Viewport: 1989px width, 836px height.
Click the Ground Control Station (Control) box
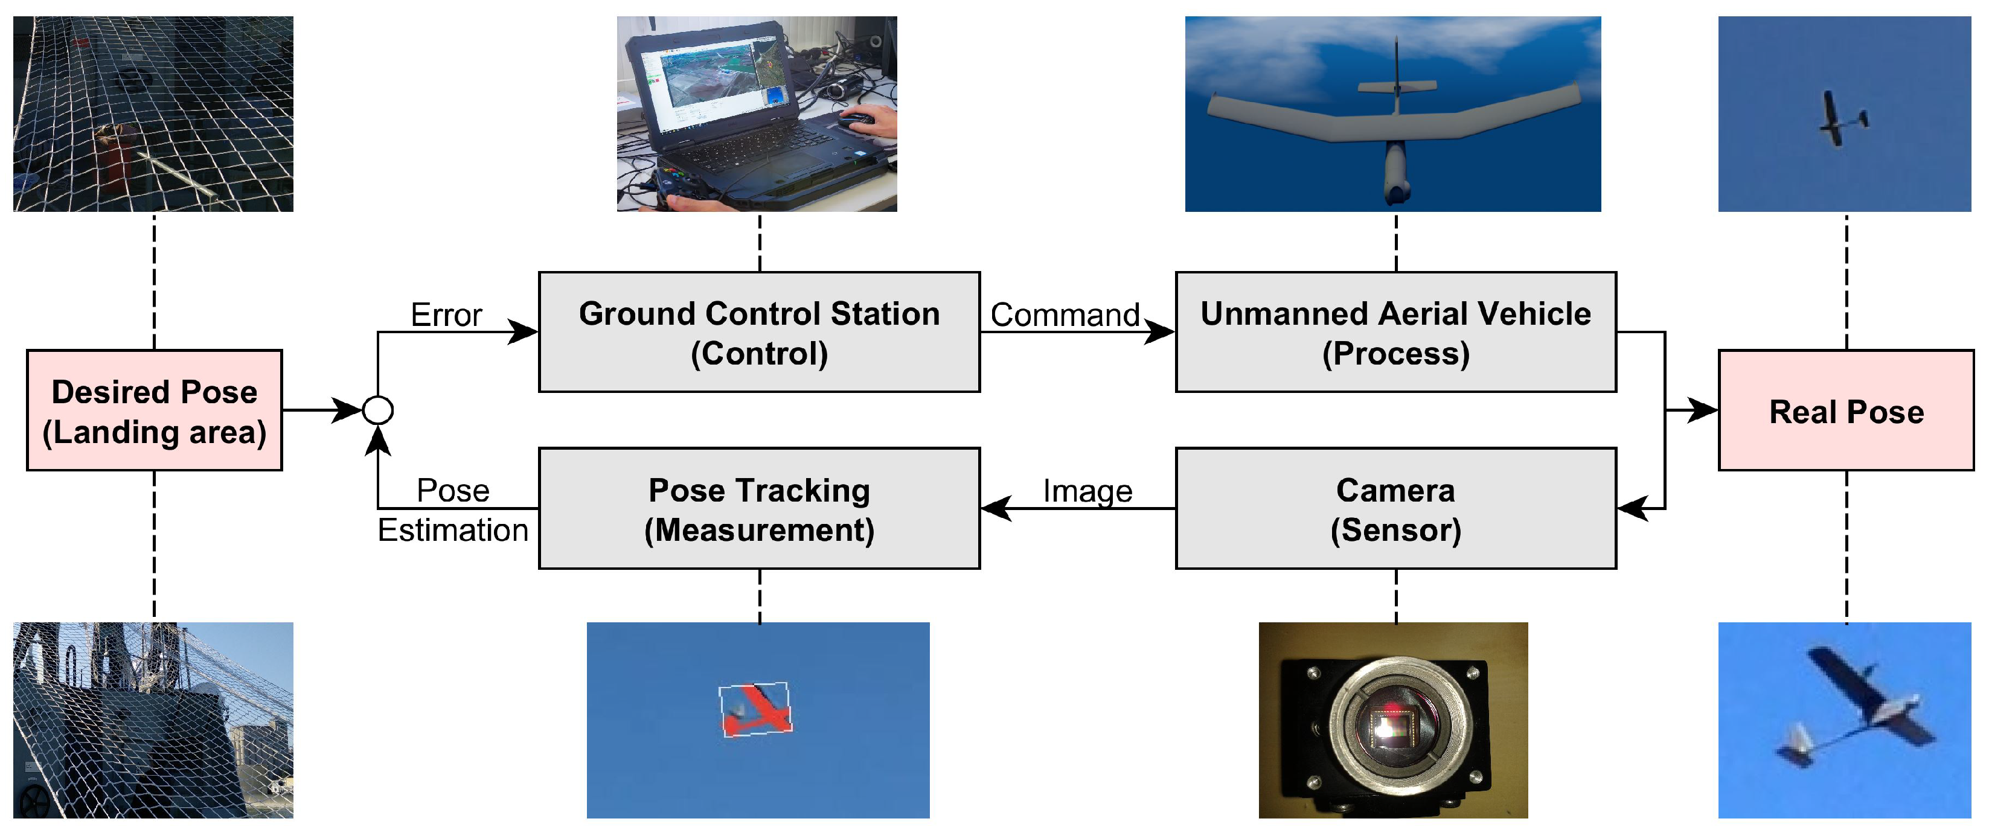point(759,332)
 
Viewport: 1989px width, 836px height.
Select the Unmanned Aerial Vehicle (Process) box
point(1395,332)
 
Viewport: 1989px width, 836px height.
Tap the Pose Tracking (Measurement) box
point(759,509)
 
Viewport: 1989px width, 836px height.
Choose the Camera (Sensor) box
point(1395,509)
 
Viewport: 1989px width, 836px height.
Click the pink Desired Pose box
point(155,410)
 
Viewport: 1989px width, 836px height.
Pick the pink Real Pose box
point(1845,410)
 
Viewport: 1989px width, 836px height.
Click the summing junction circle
point(377,410)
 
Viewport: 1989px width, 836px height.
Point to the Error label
point(446,315)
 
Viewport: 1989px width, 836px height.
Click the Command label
point(1065,315)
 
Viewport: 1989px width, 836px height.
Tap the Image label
point(1087,491)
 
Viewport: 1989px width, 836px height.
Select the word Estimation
point(452,531)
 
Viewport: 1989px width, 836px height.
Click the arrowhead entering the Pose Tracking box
point(996,509)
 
